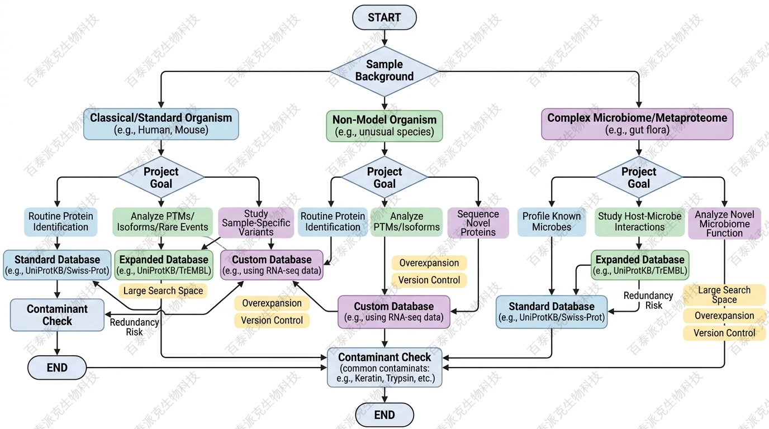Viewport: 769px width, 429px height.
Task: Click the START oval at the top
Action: coord(384,17)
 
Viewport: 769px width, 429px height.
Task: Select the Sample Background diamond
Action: coord(384,71)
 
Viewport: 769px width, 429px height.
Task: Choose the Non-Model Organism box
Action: coord(384,126)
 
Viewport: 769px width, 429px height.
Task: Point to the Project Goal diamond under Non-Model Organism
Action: coord(384,178)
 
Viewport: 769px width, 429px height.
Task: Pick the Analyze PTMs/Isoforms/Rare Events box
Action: coord(163,221)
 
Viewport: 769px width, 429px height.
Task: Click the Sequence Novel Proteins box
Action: coord(478,222)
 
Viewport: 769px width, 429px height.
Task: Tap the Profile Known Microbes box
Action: coord(552,221)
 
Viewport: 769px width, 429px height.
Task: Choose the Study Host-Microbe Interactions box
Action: coord(639,221)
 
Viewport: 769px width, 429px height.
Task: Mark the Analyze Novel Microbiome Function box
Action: coord(724,223)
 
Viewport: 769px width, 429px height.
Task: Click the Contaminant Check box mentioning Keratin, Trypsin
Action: coord(385,368)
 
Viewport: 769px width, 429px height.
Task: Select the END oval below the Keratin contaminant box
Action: coord(385,415)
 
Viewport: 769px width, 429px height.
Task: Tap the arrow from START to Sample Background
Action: coord(385,38)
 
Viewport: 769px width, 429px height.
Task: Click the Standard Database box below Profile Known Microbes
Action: coord(552,312)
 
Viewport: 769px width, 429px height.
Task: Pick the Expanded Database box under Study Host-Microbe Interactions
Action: coord(640,265)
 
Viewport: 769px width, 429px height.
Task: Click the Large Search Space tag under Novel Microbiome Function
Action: coord(724,294)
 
